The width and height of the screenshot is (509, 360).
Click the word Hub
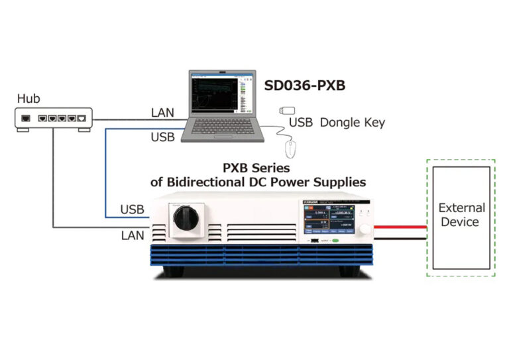(28, 99)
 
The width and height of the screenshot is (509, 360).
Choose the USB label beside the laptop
(162, 137)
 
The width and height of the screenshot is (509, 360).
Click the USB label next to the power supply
(132, 210)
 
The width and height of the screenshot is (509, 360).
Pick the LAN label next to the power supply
(132, 234)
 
